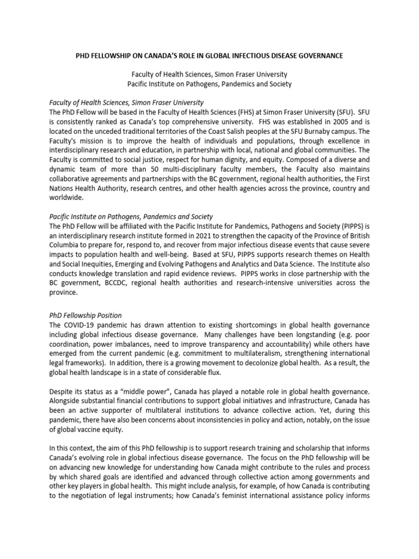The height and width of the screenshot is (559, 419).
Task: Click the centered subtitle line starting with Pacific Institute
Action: point(209,84)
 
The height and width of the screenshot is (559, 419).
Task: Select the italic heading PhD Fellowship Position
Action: point(86,316)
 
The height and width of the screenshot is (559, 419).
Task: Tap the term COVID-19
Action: point(81,325)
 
